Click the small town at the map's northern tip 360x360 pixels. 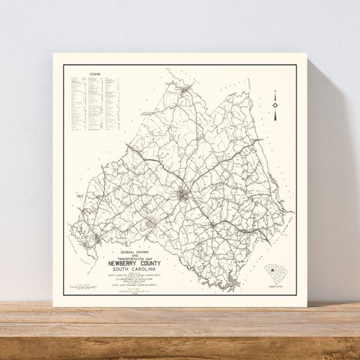pos(186,89)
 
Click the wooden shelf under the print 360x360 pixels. pos(180,331)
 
